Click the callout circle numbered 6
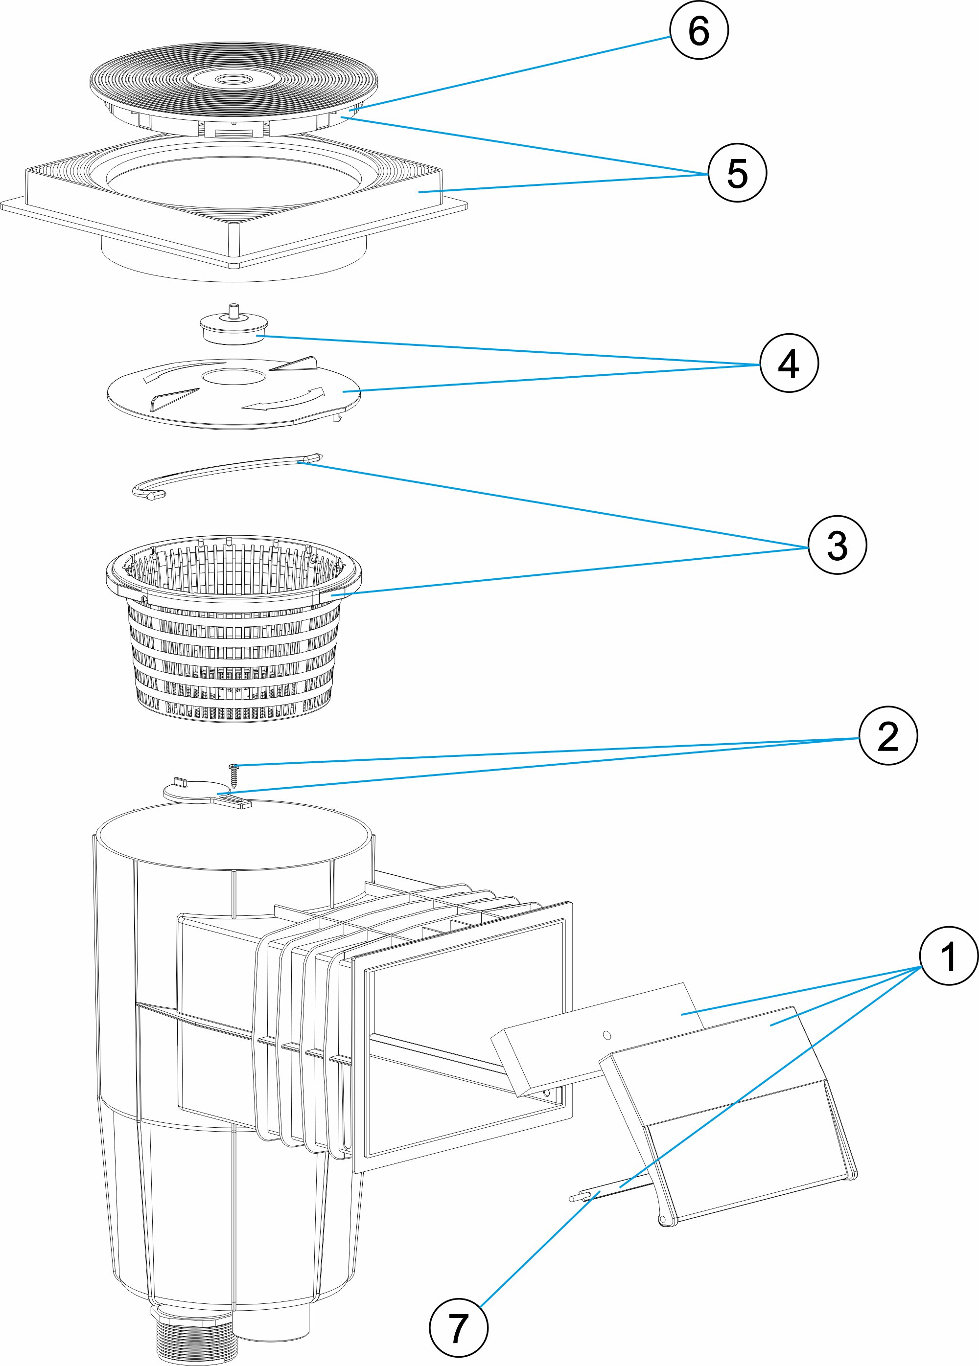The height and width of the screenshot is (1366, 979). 699,30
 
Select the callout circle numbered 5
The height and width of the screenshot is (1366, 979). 737,173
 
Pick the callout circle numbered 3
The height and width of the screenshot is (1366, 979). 837,545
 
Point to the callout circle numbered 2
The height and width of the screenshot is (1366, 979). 887,736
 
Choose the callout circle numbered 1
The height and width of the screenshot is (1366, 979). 948,956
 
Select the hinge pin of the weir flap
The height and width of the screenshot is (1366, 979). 608,1192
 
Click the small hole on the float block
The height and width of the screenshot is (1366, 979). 606,1035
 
